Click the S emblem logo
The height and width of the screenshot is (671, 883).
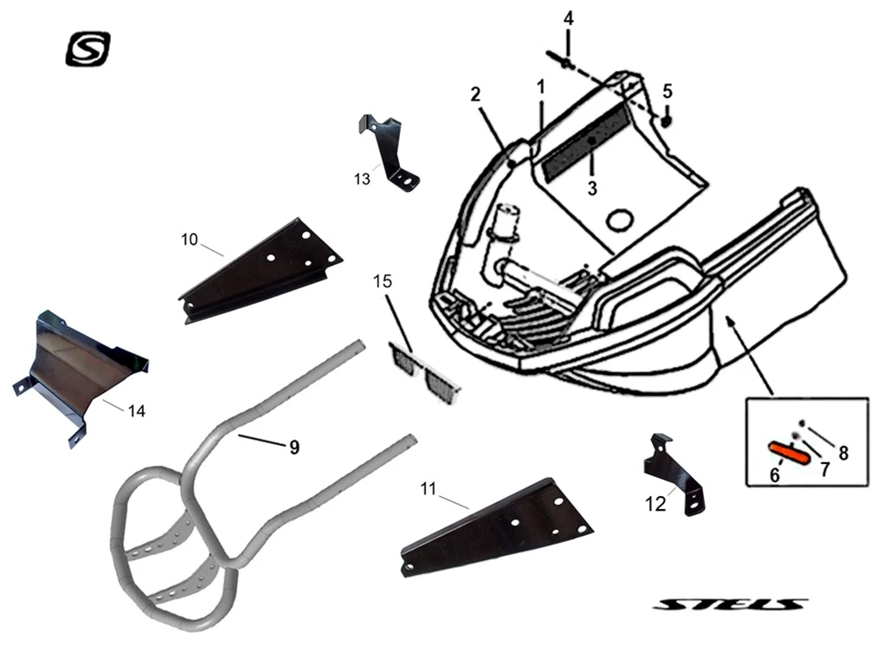[88, 48]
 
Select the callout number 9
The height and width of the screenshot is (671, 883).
[293, 447]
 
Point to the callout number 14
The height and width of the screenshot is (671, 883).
[136, 410]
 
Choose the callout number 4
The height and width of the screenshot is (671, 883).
[568, 18]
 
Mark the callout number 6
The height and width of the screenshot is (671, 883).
[776, 475]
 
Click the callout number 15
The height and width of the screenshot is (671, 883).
[383, 281]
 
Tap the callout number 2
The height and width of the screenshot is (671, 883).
[475, 94]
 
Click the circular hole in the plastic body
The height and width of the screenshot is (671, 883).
[620, 221]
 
